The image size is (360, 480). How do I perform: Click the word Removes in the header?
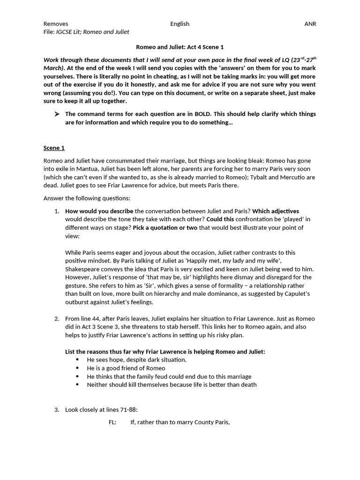(56, 24)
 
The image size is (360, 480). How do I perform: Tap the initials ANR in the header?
(310, 24)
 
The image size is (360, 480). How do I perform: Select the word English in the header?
(180, 24)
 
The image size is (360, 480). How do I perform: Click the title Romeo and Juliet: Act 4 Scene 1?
(180, 47)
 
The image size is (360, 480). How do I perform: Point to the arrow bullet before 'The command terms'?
(57, 114)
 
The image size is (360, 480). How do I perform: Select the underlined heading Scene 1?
(54, 148)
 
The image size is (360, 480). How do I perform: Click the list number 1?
(56, 211)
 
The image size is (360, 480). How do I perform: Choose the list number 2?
(56, 319)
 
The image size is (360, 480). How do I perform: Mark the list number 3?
(56, 410)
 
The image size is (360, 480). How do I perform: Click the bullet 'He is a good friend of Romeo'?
(126, 368)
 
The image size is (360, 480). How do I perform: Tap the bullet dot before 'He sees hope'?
(77, 360)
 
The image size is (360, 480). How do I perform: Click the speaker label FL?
(112, 422)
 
